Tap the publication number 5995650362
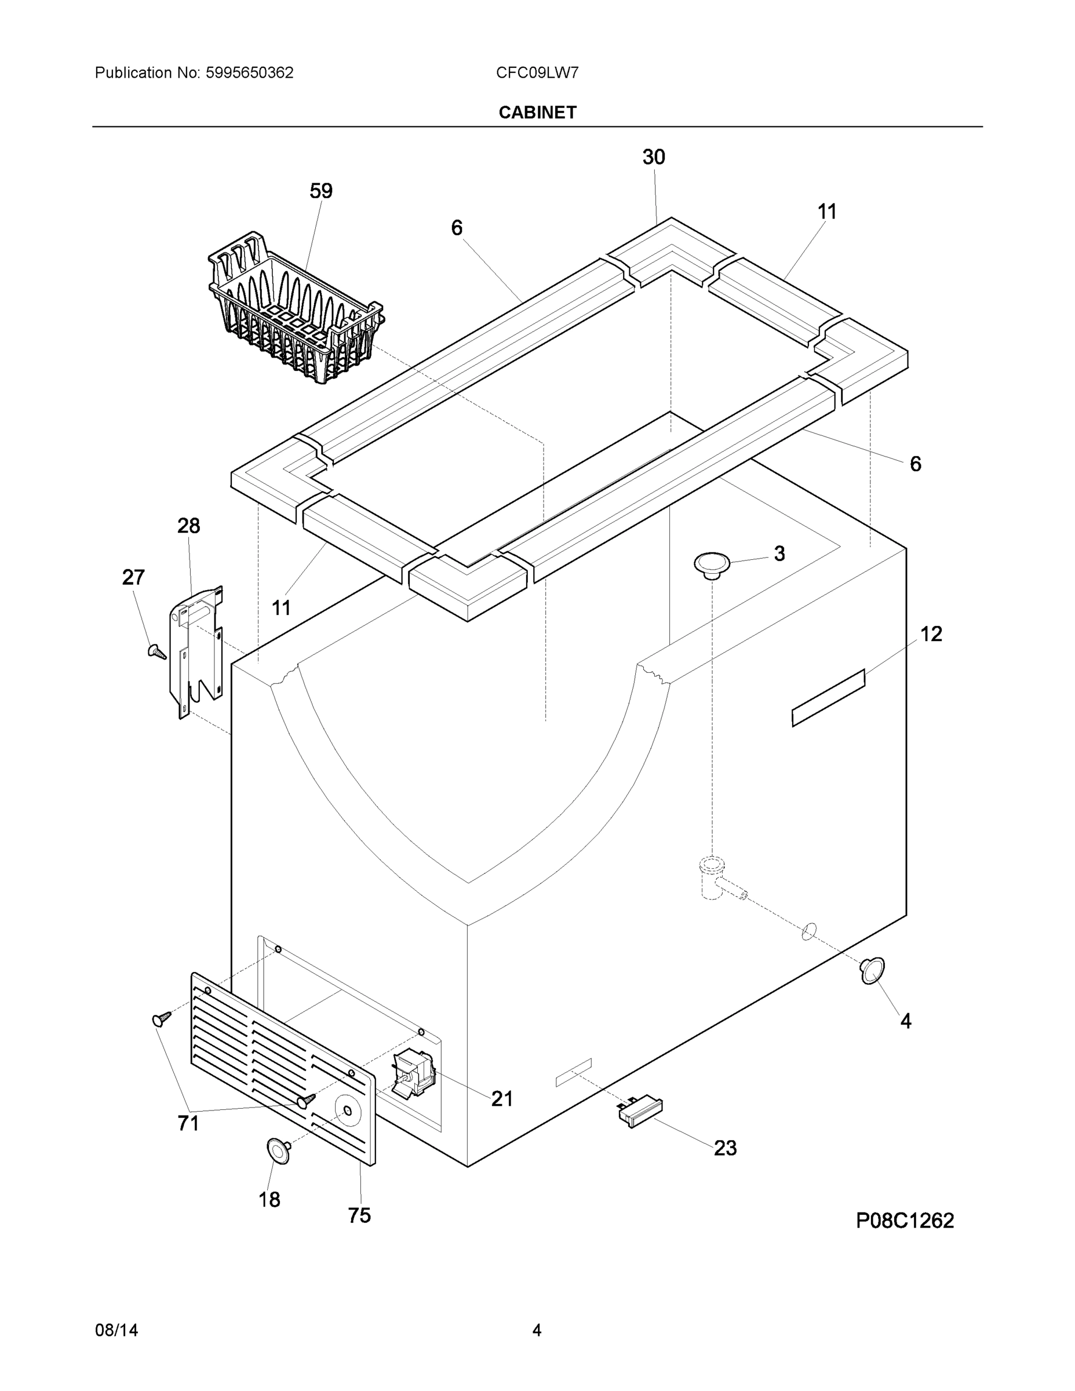(x=249, y=72)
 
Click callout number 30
(x=654, y=157)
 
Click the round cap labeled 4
(x=872, y=970)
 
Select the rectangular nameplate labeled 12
(x=828, y=698)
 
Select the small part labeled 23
(x=640, y=1112)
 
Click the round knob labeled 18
(x=278, y=1152)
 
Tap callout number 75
(x=359, y=1215)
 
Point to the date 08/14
(x=116, y=1331)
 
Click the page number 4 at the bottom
(x=536, y=1331)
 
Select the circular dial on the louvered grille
(x=347, y=1110)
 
